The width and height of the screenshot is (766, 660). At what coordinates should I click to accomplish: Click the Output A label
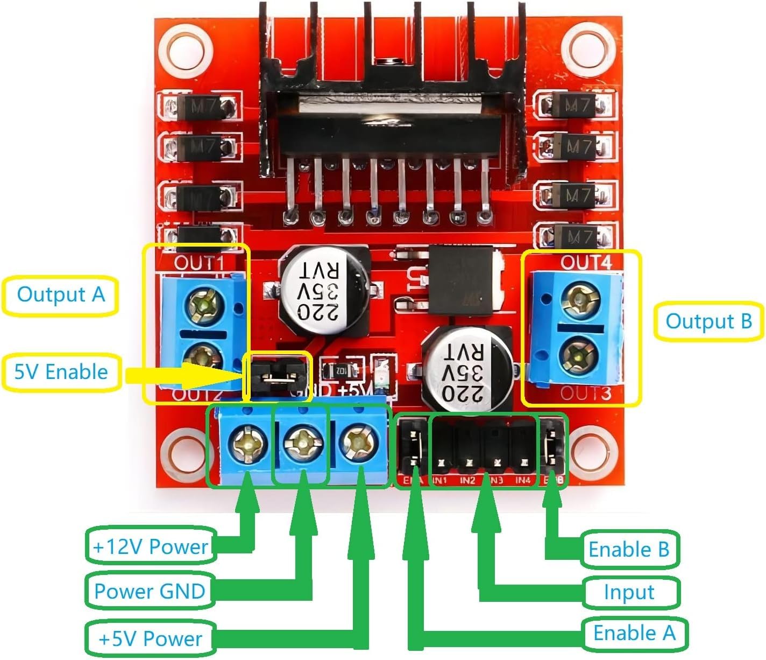(x=60, y=295)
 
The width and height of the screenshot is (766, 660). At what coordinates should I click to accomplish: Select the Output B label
(x=708, y=321)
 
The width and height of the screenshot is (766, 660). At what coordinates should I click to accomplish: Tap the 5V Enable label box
(x=61, y=372)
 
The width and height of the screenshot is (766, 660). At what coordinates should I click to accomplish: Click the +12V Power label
(x=150, y=546)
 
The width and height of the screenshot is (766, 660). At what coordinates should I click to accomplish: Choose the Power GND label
(x=150, y=591)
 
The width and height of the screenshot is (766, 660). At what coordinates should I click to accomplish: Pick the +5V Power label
(x=150, y=639)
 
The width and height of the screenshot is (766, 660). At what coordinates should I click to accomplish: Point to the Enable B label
(x=628, y=550)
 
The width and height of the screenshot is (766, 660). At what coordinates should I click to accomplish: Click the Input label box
(x=629, y=592)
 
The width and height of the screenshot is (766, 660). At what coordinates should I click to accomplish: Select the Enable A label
(x=634, y=633)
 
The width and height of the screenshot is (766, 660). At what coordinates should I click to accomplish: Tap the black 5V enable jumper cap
(x=278, y=375)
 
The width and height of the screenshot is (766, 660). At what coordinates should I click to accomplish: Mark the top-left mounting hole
(x=185, y=51)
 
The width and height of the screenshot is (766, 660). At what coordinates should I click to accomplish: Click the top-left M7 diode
(x=204, y=107)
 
